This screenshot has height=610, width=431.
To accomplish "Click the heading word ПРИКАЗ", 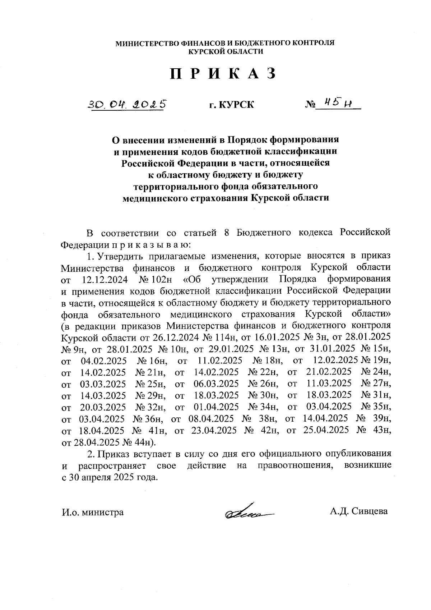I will tap(223, 74).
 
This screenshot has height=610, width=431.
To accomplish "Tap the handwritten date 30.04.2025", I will tap(128, 104).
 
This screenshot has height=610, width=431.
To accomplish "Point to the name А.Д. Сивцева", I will tap(359, 511).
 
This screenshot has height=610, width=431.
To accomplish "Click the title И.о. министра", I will tap(93, 512).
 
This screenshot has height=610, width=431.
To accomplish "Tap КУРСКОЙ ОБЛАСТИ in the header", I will tap(226, 51).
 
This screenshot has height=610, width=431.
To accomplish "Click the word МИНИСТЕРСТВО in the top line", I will tap(147, 43).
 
